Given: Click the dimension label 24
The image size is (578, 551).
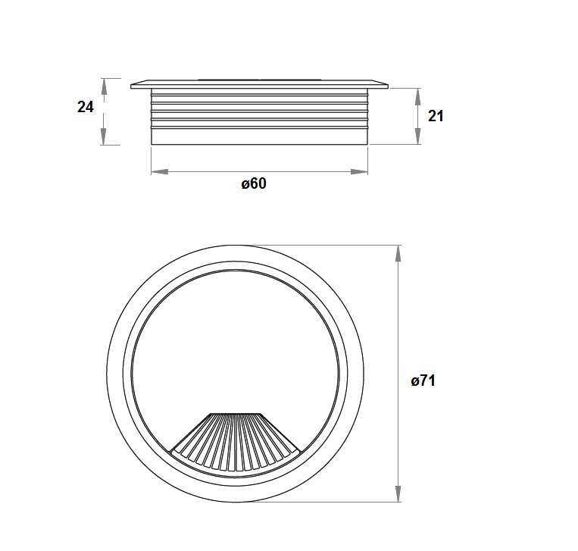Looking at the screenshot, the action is (x=86, y=107).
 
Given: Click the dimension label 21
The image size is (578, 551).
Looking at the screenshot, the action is (x=436, y=116).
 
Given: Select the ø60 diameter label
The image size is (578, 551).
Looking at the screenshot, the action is (x=254, y=183).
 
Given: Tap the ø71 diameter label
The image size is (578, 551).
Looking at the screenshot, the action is (x=423, y=380).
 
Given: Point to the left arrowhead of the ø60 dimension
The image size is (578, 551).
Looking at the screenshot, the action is (x=160, y=171).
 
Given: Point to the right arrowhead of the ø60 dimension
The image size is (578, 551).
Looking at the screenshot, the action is (x=359, y=171).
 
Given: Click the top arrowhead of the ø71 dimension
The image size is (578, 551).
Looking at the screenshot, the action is (x=398, y=253).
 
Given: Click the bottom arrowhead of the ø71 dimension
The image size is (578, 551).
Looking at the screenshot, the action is (x=398, y=493).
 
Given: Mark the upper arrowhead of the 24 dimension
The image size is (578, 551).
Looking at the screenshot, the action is (x=104, y=87).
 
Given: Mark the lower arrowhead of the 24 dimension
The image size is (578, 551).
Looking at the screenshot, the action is (x=104, y=136).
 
